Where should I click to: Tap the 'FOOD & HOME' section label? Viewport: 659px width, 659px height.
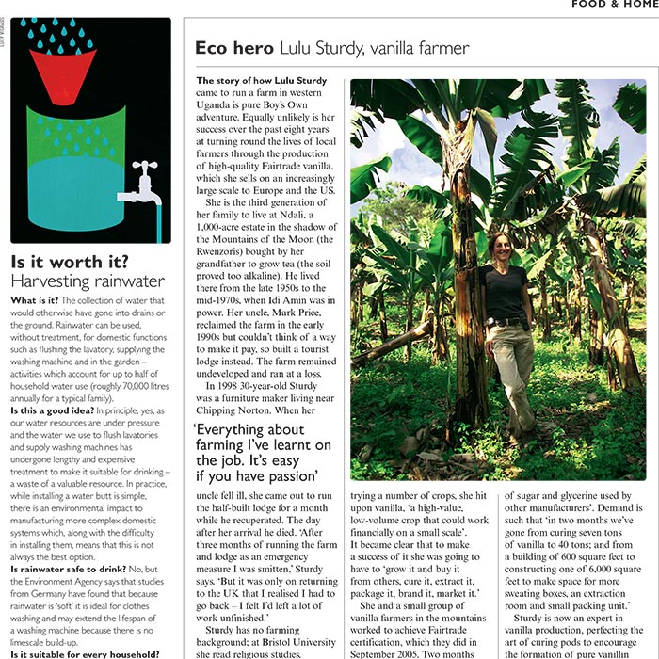click(612, 4)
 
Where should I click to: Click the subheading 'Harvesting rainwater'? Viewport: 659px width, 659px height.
click(87, 281)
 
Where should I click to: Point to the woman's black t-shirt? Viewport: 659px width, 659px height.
click(506, 294)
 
